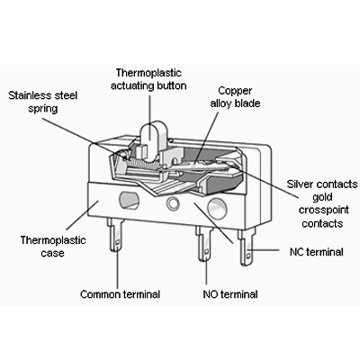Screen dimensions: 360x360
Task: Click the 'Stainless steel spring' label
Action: tap(43, 102)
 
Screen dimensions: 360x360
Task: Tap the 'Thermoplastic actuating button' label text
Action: tap(148, 79)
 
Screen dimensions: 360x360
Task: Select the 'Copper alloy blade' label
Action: tap(235, 97)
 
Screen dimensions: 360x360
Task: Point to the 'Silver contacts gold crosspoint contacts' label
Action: tap(322, 203)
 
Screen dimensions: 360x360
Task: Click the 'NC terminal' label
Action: tap(317, 252)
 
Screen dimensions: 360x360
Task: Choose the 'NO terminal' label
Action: tap(230, 294)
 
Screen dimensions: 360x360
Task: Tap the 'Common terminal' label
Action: tap(120, 294)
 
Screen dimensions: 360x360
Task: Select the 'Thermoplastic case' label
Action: tap(53, 247)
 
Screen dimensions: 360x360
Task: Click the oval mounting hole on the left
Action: tap(129, 201)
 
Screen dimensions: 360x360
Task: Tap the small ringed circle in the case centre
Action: tap(173, 203)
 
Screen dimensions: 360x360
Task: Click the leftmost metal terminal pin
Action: tap(115, 235)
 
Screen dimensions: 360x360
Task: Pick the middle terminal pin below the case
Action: tap(205, 244)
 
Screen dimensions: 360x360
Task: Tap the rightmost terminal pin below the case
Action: tap(247, 247)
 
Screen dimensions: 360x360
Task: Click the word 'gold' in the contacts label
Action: tap(322, 197)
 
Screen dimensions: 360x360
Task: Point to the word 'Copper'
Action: tap(235, 91)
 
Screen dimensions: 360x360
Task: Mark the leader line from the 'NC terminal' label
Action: tap(264, 249)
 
